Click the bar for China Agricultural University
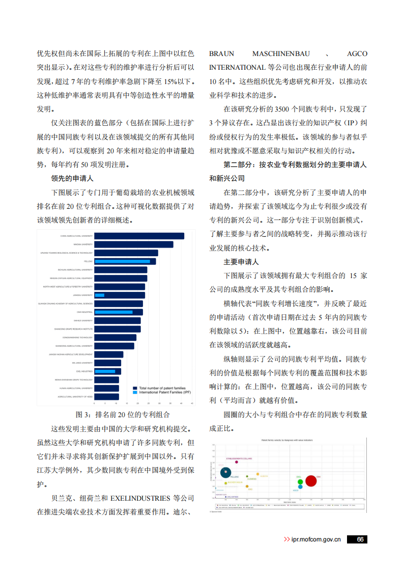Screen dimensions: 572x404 (x=138, y=236)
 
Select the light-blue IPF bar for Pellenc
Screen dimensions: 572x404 (x=122, y=261)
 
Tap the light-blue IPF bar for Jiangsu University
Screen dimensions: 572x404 (x=99, y=295)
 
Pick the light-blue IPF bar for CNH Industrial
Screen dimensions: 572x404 (x=113, y=312)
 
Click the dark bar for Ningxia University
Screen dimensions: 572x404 (x=133, y=244)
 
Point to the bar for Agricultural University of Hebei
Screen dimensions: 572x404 (x=106, y=396)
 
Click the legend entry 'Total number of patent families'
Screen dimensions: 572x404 (x=162, y=388)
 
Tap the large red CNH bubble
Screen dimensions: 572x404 (x=311, y=481)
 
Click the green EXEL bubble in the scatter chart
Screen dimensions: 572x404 (x=300, y=481)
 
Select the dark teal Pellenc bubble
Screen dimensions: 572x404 (x=226, y=473)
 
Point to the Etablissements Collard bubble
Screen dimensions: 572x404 (x=237, y=462)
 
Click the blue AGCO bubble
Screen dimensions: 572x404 (x=300, y=486)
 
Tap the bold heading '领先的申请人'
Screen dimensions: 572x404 (x=72, y=179)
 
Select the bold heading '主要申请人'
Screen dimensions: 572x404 (x=241, y=262)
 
